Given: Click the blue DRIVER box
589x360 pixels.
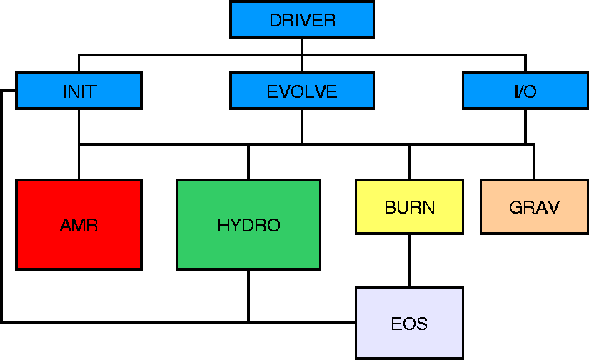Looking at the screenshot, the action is [302, 19].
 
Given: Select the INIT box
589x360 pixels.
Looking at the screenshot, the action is [79, 91].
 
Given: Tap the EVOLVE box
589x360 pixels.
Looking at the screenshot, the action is [302, 91].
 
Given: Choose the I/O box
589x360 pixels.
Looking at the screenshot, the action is [525, 91].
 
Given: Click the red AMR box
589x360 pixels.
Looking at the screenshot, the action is [79, 225].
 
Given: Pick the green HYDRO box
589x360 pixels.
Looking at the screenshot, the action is [248, 225].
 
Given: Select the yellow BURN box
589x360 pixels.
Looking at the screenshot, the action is [410, 207].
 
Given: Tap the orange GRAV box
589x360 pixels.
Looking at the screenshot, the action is [535, 207].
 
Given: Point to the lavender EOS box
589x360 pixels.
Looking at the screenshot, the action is [410, 323].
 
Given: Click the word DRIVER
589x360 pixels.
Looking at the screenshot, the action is [303, 20].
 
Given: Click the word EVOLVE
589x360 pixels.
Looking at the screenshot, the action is [302, 91].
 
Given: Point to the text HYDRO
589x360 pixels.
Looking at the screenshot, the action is [248, 225].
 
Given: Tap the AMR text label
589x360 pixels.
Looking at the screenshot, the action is [79, 225].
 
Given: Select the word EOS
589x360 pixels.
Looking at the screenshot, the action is [410, 324].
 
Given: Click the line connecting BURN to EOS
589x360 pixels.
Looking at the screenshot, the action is [410, 261].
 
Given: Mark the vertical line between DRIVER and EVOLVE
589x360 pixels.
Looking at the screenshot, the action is [302, 55].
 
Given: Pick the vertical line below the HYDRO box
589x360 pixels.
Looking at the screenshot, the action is [248, 296].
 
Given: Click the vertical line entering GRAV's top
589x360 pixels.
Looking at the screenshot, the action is [535, 161].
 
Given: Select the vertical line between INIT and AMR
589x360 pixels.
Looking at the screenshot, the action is [79, 144].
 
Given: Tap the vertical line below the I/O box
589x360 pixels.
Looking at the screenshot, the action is [525, 126].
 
